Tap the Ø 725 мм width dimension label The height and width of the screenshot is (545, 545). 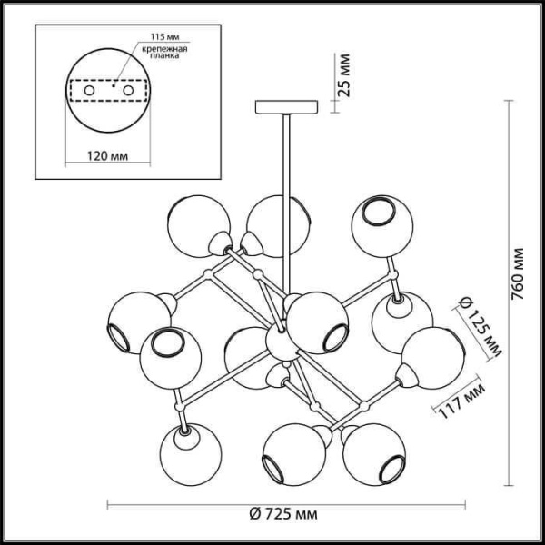click(282, 515)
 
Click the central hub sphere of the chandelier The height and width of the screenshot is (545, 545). click(279, 342)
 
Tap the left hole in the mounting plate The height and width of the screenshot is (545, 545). click(89, 91)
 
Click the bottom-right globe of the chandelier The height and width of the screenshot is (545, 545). click(374, 451)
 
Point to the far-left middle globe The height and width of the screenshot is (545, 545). click(134, 320)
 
